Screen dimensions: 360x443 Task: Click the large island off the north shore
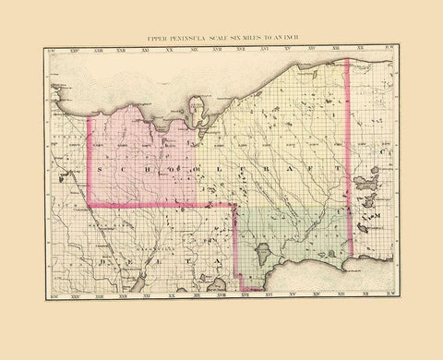tap(196, 112)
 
